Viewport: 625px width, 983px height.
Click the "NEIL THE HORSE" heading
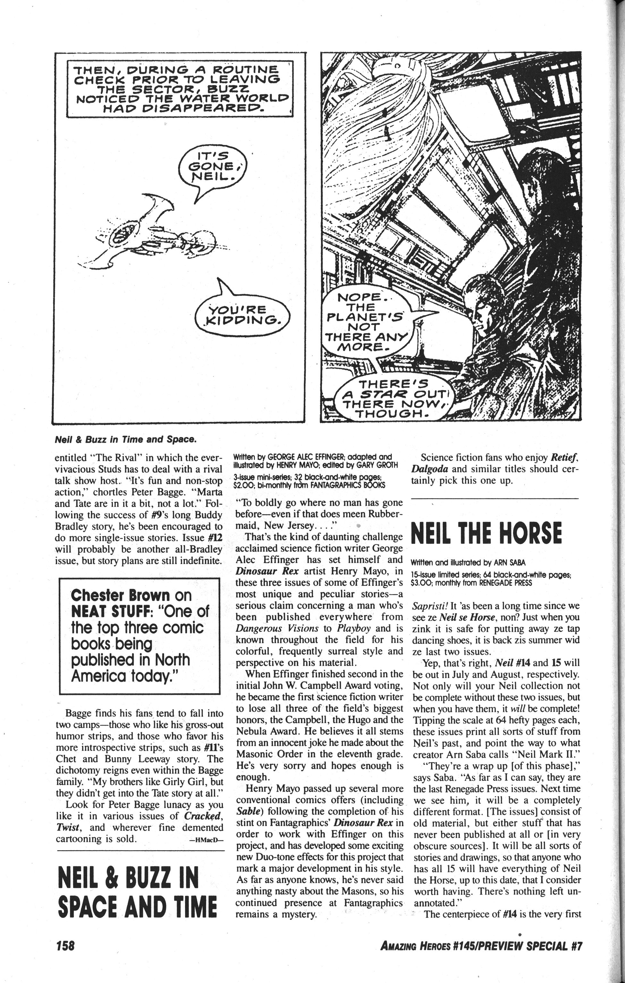[486, 534]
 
